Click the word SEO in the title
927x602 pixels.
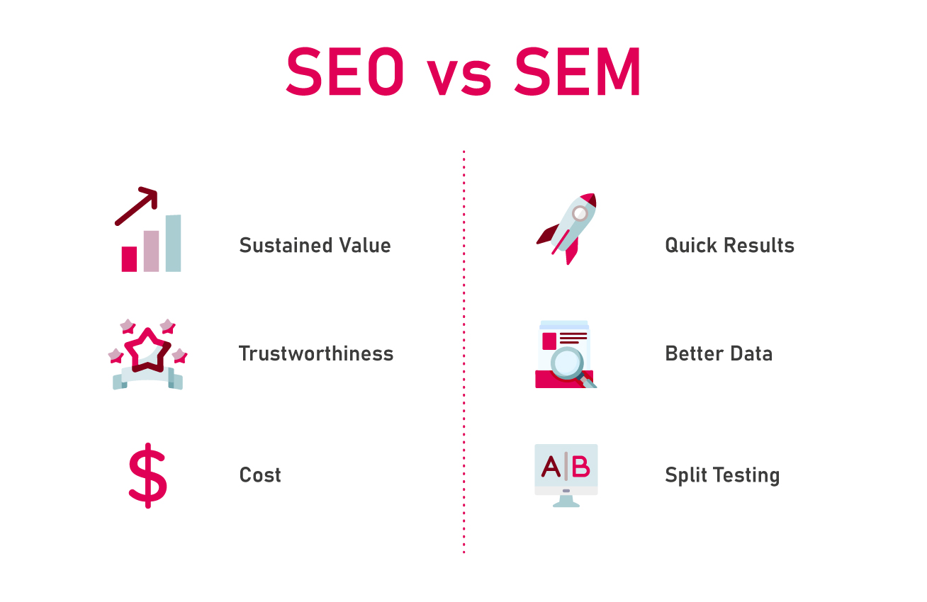[344, 71]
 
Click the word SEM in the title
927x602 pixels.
[578, 71]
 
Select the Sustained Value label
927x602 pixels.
[315, 245]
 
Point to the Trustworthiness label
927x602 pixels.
[316, 353]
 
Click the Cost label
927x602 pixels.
[260, 475]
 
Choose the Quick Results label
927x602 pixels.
[729, 245]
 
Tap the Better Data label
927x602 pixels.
[719, 353]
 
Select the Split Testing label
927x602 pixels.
[722, 475]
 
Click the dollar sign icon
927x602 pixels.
[147, 475]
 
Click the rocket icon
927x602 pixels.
[567, 229]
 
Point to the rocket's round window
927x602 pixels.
[580, 214]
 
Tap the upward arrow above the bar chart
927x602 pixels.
[137, 205]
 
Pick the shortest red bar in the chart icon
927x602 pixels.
[129, 259]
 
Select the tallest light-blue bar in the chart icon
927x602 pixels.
[174, 244]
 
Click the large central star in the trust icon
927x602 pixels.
[147, 350]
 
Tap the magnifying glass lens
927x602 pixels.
[567, 362]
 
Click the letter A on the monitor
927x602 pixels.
[551, 467]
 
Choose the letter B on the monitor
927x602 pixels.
[580, 467]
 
